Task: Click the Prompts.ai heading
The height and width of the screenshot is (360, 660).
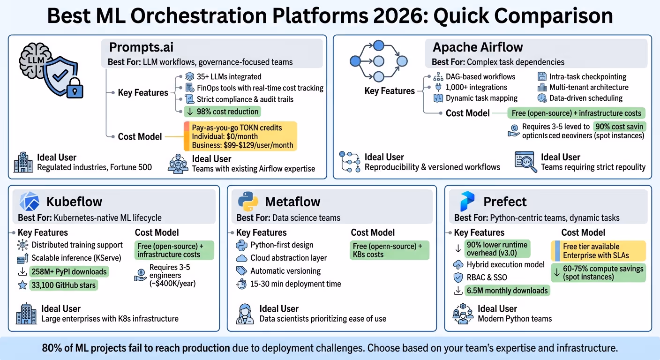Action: [x=141, y=47]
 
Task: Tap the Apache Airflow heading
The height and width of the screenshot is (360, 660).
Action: [x=478, y=47]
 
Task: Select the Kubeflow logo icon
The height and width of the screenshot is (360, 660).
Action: [x=29, y=202]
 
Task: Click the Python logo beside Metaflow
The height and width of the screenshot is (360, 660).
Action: [x=248, y=202]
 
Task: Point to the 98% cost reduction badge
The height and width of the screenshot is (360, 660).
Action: [x=222, y=112]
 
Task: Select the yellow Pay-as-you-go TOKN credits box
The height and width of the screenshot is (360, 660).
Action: [x=240, y=136]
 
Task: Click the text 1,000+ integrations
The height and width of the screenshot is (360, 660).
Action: [x=476, y=87]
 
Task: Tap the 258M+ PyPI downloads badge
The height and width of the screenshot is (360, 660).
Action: [x=68, y=271]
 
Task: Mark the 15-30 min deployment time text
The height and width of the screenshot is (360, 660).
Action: [x=295, y=284]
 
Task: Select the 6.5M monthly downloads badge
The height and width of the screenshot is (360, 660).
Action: [x=507, y=291]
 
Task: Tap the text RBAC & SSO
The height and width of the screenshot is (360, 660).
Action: [x=487, y=277]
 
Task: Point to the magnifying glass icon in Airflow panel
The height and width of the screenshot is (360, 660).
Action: [x=526, y=162]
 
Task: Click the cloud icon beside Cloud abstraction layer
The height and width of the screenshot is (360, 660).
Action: [x=241, y=258]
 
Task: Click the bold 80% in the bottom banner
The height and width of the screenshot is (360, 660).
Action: [x=52, y=348]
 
